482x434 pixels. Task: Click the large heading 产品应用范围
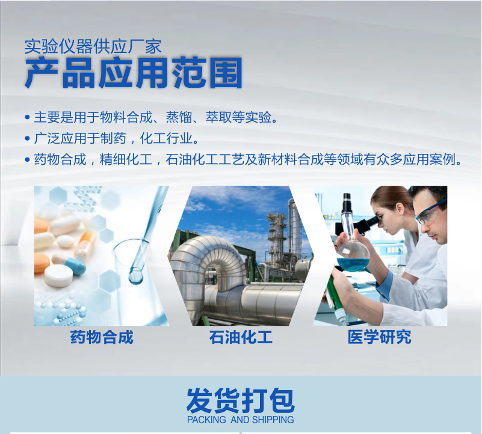point(134,73)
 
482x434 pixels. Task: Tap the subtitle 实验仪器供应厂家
point(93,47)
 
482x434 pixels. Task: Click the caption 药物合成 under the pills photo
point(102,337)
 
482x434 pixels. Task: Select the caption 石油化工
point(241,337)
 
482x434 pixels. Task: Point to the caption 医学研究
point(379,337)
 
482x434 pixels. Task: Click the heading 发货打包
point(241,400)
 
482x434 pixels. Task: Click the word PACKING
point(206,420)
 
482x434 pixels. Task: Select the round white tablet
point(58,275)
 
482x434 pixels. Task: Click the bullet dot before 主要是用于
point(27,117)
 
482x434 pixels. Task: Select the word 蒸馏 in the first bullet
point(179,117)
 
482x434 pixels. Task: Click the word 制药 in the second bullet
point(113,138)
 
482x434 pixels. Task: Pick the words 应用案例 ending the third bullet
point(430,160)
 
